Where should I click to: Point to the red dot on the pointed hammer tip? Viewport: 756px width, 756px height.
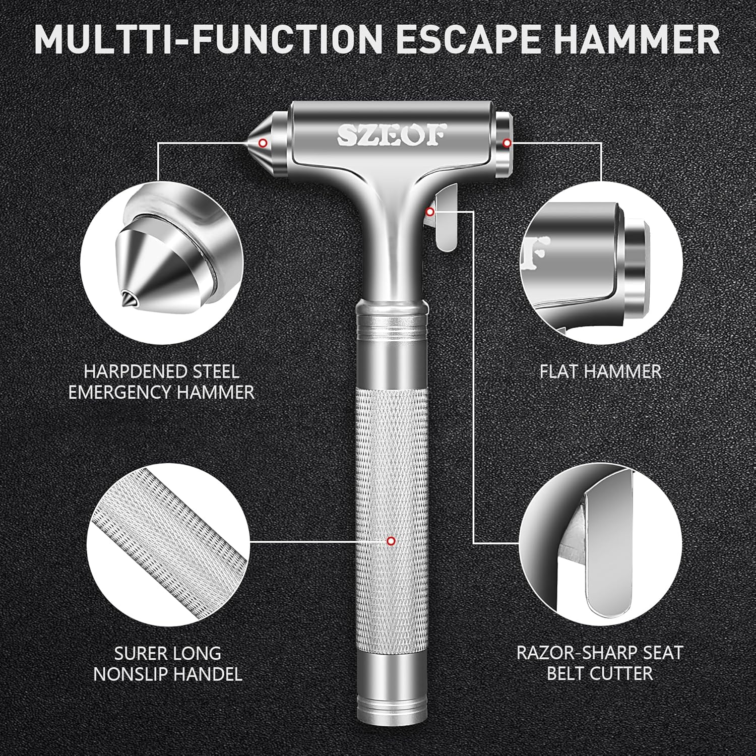[263, 143]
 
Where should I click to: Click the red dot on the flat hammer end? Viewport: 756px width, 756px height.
[507, 144]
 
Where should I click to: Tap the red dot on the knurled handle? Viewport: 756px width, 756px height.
[390, 541]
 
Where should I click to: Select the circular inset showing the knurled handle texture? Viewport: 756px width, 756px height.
[168, 542]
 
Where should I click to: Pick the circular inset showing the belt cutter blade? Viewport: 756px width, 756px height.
[601, 542]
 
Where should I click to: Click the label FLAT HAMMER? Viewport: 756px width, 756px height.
[600, 372]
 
